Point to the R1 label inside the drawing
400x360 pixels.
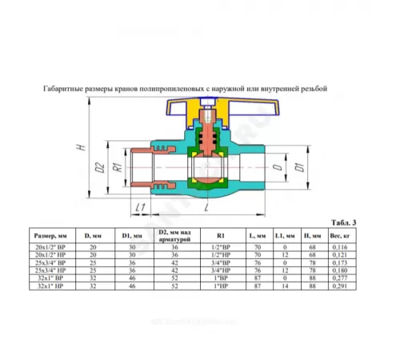point(116,168)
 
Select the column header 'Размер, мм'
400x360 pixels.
point(51,235)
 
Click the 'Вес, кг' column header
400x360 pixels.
point(343,235)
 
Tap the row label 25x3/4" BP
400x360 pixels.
point(51,262)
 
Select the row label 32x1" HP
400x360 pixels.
point(51,286)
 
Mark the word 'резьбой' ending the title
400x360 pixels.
point(312,89)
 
